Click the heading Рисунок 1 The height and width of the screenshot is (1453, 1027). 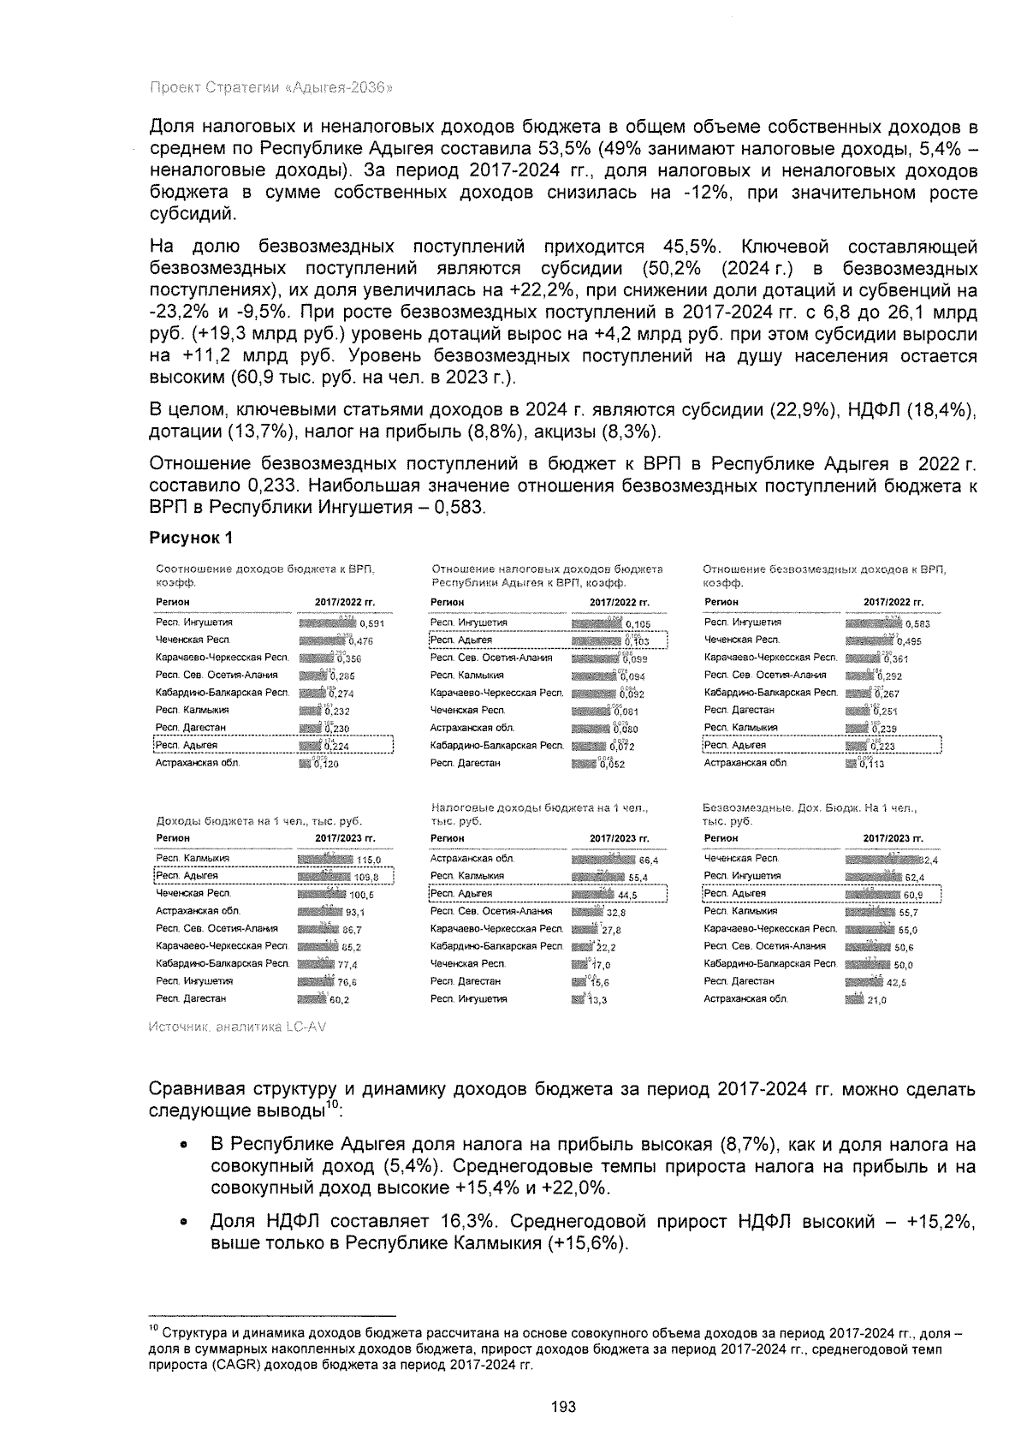(191, 538)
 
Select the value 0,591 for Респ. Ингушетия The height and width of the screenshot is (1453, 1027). (372, 624)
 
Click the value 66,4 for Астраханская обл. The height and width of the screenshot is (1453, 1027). (648, 860)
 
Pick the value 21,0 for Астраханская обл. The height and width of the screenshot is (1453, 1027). (877, 999)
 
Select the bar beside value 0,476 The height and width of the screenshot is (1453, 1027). (322, 640)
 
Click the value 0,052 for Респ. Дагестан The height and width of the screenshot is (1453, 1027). (613, 765)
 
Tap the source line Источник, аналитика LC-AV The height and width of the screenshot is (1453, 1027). (237, 1027)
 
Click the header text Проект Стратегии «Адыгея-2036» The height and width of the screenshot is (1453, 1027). (271, 87)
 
